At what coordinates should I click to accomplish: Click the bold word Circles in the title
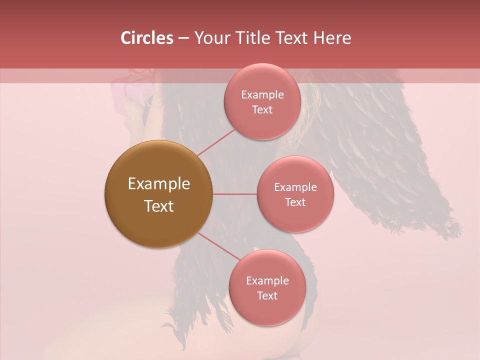(146, 38)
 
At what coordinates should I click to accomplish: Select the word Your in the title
(210, 38)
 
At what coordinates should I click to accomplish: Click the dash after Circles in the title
(183, 38)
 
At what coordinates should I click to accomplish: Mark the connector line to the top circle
(216, 143)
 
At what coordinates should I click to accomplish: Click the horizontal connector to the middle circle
(234, 194)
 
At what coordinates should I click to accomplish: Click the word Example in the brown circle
(158, 184)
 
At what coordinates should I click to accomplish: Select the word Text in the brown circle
(158, 206)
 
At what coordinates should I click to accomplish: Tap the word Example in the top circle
(262, 94)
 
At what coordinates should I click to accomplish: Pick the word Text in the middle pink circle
(295, 202)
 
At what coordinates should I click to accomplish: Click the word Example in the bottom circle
(267, 280)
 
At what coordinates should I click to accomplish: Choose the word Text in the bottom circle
(267, 295)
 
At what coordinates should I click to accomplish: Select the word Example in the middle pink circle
(295, 187)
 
